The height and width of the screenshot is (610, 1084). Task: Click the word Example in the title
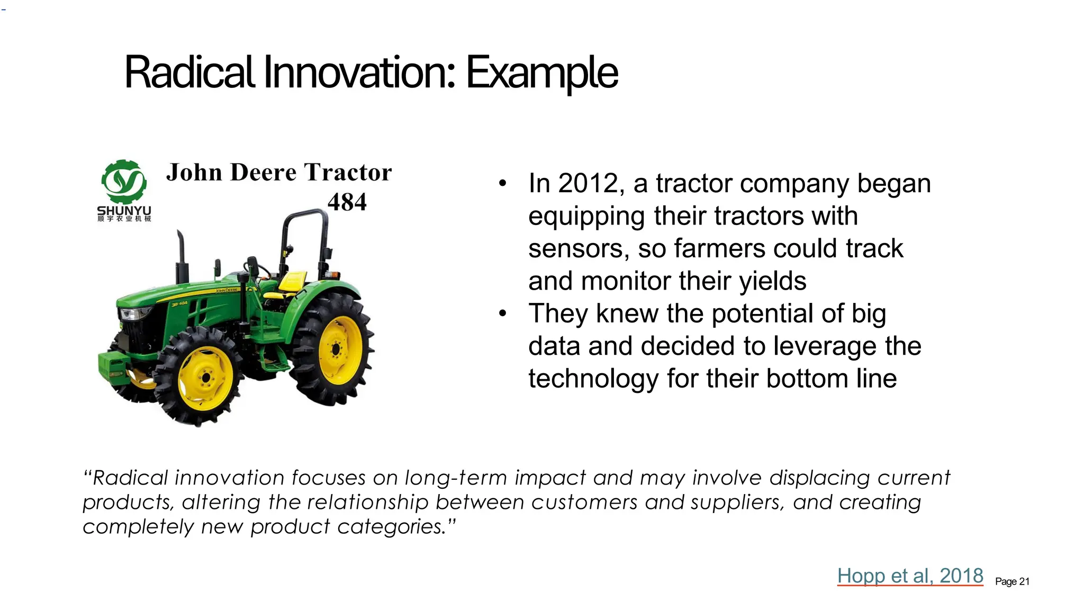541,73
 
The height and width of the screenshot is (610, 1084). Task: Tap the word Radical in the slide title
189,73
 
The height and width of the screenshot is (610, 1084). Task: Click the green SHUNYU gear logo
124,182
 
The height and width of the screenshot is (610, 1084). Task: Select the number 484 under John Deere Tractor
347,202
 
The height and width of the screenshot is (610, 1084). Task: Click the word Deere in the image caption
264,173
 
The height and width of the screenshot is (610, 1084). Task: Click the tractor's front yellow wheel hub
205,377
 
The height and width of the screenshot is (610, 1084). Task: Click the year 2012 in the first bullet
588,184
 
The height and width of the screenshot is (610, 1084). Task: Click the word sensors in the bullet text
579,249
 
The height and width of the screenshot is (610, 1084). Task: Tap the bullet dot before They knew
502,313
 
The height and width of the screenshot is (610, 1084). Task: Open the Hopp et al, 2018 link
910,576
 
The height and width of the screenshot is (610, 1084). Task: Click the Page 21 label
1012,581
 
